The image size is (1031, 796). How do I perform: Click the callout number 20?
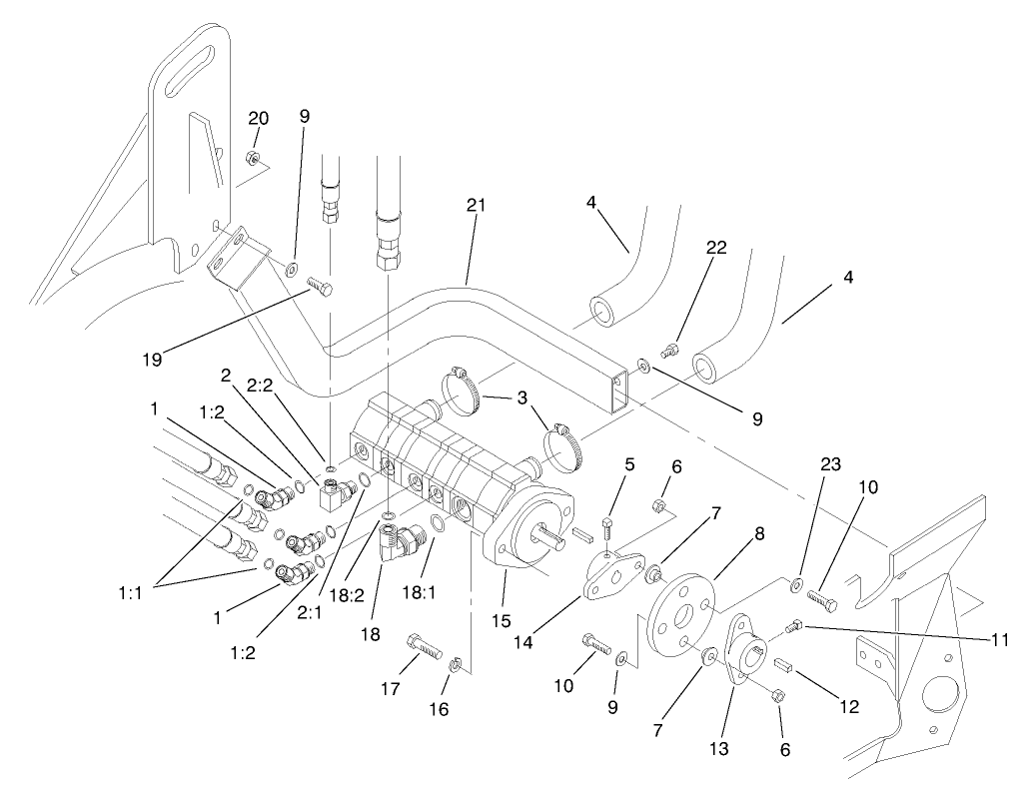258,118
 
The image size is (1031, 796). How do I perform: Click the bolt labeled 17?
424,647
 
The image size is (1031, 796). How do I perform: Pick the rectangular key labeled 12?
782,663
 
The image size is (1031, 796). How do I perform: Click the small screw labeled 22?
671,348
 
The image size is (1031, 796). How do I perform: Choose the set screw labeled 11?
794,626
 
